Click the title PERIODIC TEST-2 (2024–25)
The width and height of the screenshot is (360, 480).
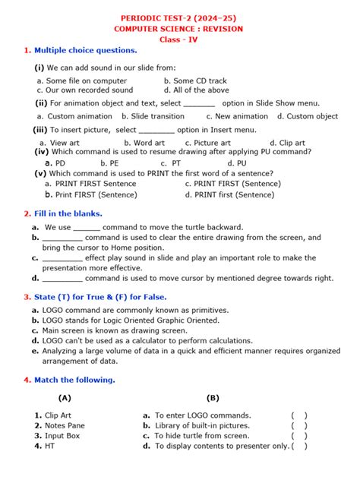(x=179, y=17)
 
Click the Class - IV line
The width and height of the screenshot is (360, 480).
(x=179, y=39)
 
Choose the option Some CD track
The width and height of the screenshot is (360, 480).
(x=200, y=80)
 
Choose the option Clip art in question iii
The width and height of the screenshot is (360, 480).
(x=292, y=142)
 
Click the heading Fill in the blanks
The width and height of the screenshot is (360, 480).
(x=68, y=213)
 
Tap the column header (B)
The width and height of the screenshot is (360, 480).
(x=213, y=397)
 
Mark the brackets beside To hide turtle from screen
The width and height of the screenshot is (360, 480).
(x=298, y=436)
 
